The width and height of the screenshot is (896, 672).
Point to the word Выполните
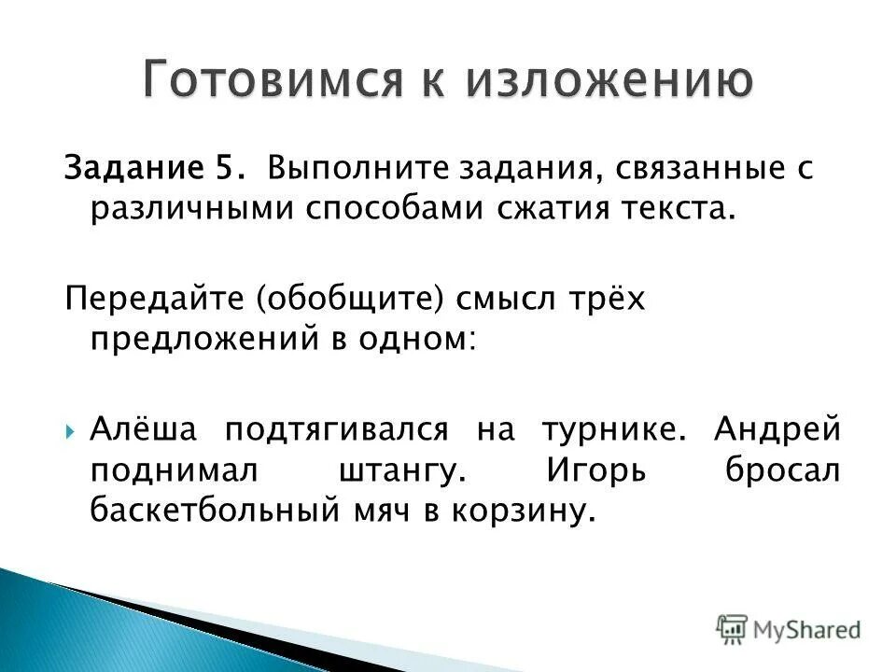pyautogui.click(x=338, y=169)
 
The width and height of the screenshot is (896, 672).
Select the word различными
pyautogui.click(x=190, y=210)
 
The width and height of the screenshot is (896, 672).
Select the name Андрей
pyautogui.click(x=777, y=430)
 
